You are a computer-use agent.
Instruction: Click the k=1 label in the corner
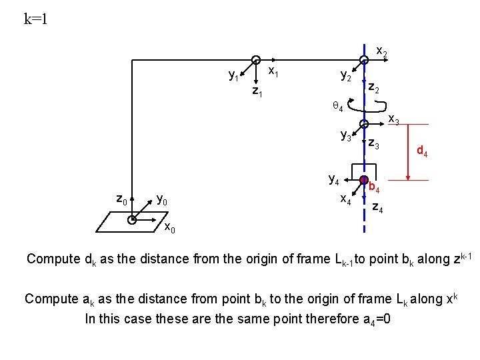35,19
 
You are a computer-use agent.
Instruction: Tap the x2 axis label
383,51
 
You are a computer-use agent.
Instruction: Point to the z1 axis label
257,91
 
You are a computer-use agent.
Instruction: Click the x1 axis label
273,70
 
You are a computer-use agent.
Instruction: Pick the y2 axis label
346,77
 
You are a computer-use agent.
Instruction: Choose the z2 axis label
374,88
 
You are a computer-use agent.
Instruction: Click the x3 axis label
394,119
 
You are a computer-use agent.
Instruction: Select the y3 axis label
346,137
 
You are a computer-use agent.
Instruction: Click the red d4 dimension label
422,151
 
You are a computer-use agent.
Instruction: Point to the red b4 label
375,189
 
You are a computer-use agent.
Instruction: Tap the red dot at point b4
364,181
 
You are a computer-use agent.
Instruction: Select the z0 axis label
121,199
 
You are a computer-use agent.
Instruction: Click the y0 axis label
161,199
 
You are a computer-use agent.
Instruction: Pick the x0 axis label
169,229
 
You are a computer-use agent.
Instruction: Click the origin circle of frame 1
255,61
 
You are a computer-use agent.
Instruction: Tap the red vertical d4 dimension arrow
407,152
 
